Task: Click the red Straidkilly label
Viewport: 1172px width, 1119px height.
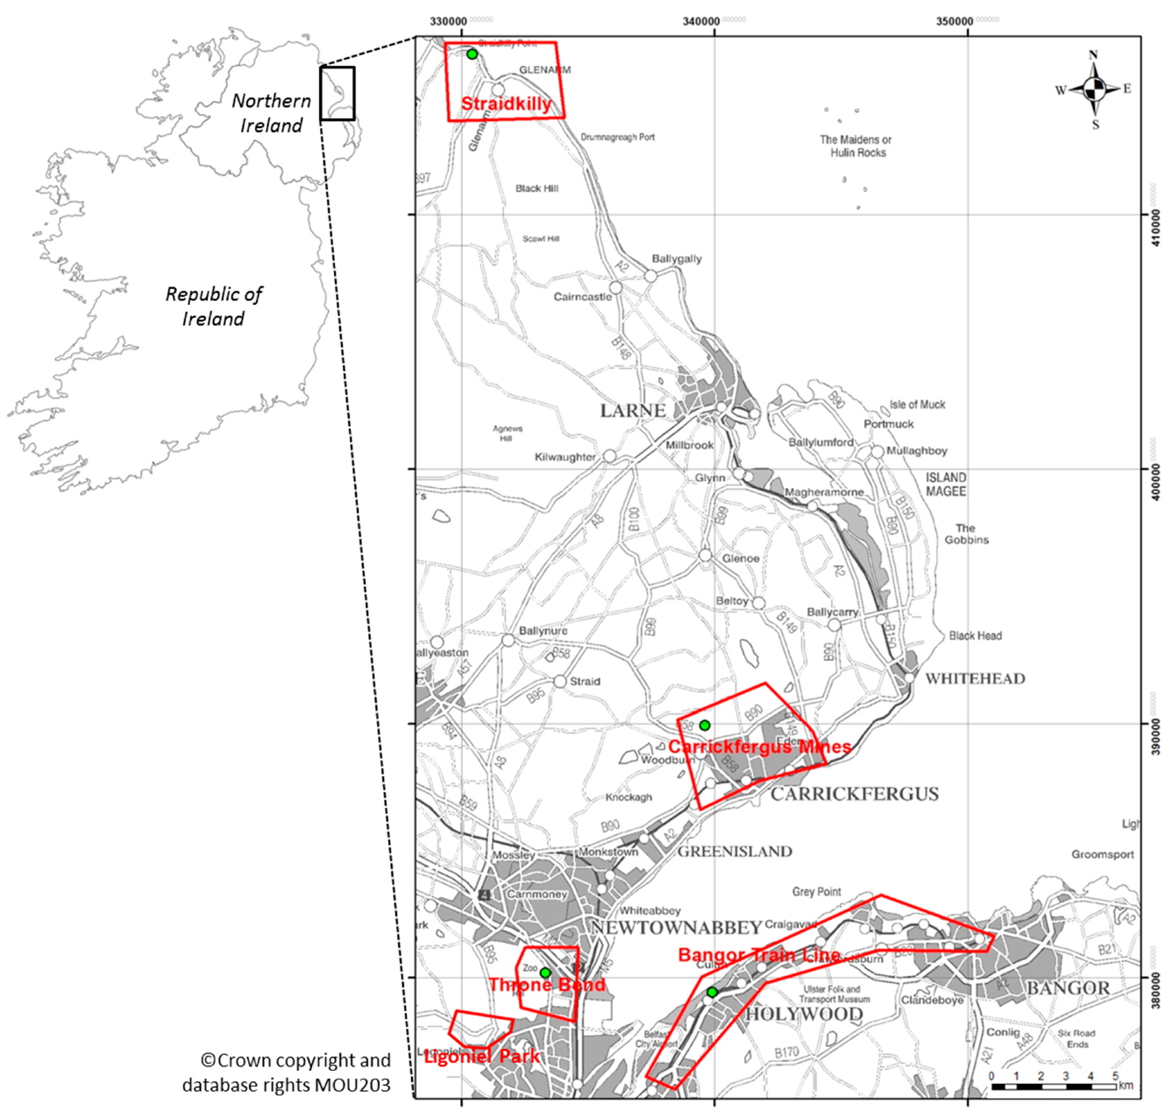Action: coord(506,103)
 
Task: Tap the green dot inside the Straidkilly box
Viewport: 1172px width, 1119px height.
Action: coord(472,54)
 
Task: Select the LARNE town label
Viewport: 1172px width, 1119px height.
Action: coord(633,411)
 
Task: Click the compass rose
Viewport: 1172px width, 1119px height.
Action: coord(1093,89)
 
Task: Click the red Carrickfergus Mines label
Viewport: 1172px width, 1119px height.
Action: coord(759,747)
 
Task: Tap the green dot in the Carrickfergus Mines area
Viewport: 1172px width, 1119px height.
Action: coord(705,726)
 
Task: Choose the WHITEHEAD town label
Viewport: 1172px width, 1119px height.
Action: coord(975,678)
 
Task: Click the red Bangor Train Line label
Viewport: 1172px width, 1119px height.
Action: coord(759,954)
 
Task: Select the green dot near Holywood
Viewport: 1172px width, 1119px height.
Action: coord(713,992)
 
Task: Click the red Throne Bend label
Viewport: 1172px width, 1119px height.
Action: coord(547,985)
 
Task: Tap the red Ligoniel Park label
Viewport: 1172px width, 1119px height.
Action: coord(481,1056)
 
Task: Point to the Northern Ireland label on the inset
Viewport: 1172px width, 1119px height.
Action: coord(272,113)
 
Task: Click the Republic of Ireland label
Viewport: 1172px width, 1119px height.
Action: coord(214,306)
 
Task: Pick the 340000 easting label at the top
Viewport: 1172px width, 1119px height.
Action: coord(701,21)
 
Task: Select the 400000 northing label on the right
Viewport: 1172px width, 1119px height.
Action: coord(1156,468)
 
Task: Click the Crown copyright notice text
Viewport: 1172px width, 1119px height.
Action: coord(288,1073)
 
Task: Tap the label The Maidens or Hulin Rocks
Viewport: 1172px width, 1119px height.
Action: coord(856,145)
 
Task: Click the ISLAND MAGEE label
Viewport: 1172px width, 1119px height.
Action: coord(946,484)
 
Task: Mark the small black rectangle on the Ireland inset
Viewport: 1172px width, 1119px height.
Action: coord(337,93)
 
